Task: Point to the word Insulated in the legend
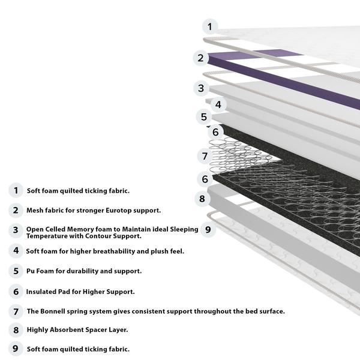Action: pos(43,292)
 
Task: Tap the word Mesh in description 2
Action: pos(35,211)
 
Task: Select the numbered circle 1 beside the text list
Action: pos(16,191)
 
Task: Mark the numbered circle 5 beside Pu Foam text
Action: pos(16,271)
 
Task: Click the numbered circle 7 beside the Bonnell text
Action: pos(16,311)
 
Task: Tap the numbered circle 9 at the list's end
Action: pos(16,349)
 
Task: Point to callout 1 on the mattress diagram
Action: pos(209,26)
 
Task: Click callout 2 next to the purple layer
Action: pos(200,58)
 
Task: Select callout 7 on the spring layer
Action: pos(205,156)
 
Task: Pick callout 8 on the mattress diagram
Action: pos(202,199)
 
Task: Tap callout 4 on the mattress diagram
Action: pos(218,104)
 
